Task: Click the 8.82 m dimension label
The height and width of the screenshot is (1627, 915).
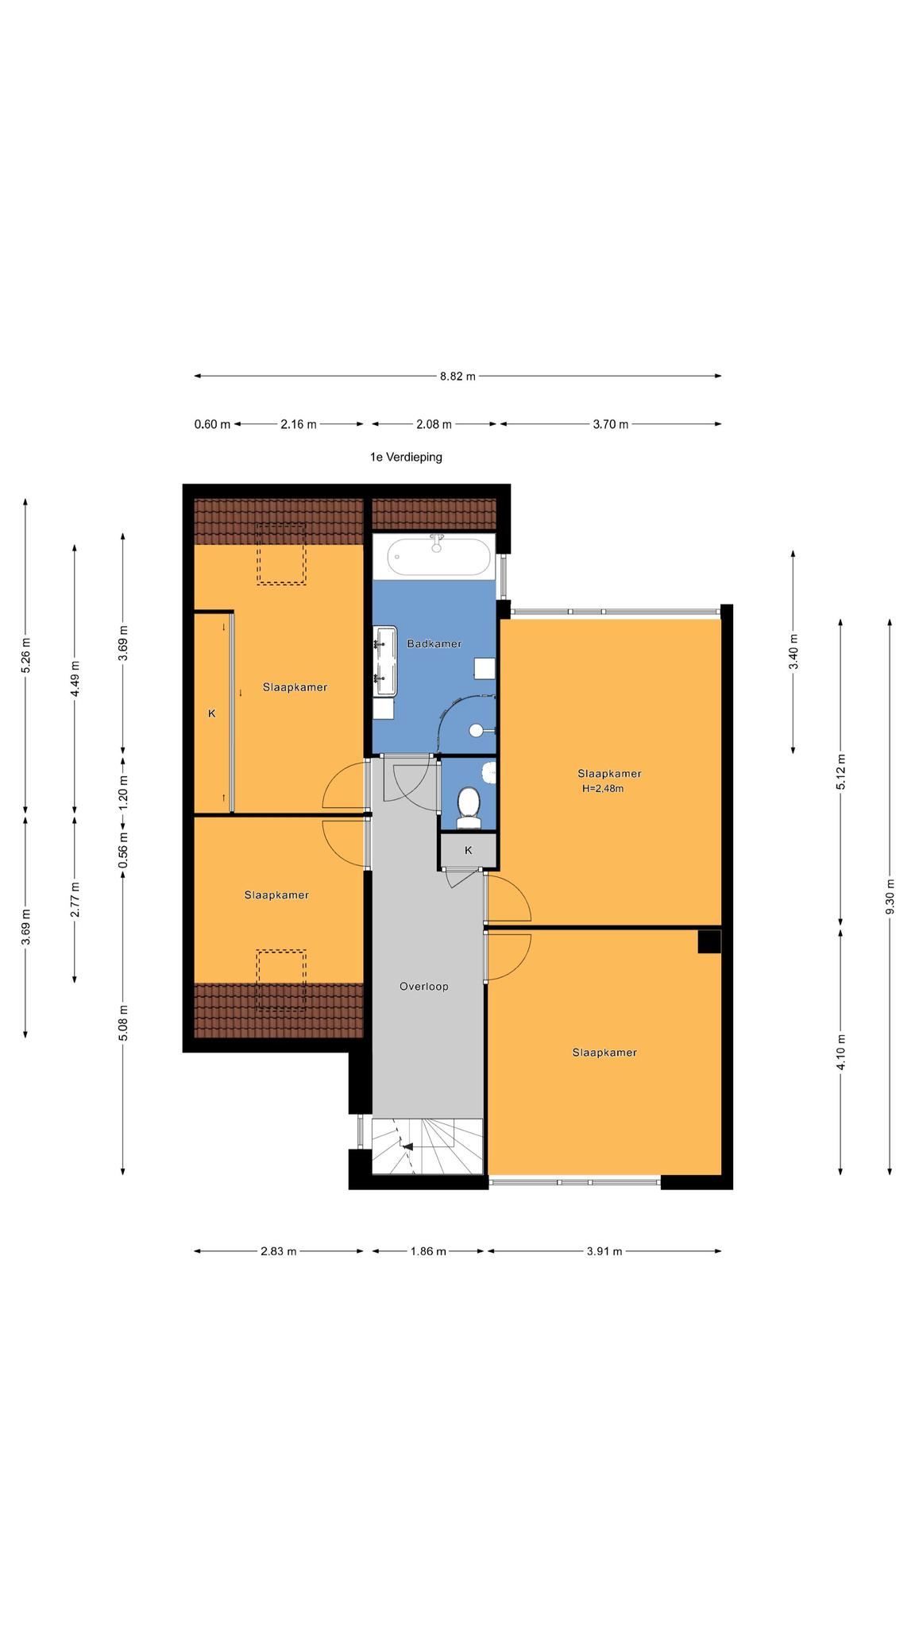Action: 457,377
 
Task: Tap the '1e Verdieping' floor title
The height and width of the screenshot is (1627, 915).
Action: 406,457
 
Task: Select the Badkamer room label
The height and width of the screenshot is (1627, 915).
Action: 434,643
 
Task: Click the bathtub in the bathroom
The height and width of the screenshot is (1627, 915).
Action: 439,556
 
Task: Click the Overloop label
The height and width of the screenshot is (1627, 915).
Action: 424,987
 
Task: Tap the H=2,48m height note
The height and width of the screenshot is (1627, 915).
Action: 603,789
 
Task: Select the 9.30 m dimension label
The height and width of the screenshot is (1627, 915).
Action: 890,896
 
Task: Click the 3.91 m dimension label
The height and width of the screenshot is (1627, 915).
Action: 604,1251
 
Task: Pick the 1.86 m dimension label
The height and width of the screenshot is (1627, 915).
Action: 428,1251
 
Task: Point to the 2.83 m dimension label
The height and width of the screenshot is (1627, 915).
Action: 278,1251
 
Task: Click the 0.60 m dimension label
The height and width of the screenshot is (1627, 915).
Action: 212,424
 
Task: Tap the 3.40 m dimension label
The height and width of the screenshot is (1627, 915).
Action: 793,652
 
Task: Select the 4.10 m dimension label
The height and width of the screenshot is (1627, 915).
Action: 840,1053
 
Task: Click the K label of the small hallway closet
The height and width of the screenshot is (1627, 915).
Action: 469,850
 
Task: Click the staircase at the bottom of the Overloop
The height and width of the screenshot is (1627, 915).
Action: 427,1146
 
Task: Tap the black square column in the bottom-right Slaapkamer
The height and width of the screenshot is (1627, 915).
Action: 709,941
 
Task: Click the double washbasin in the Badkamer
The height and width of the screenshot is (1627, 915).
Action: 386,663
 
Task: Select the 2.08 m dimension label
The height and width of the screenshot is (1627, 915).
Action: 434,424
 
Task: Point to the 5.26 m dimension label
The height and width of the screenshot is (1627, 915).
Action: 26,655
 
